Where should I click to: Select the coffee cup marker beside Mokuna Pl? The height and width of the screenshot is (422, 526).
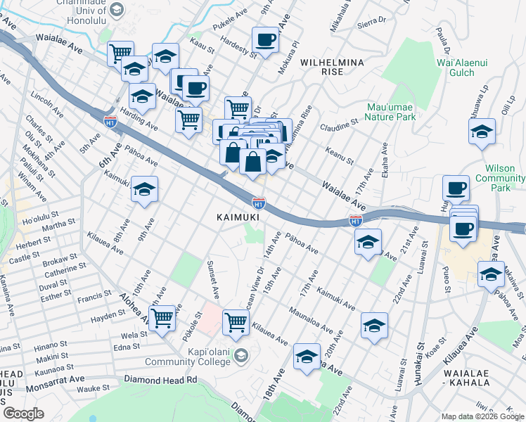point(266,39)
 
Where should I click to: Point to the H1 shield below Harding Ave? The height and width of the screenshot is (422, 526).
point(110,122)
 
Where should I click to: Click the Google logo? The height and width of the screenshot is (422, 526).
point(23,414)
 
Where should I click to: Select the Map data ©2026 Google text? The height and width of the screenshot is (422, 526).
point(482,416)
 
